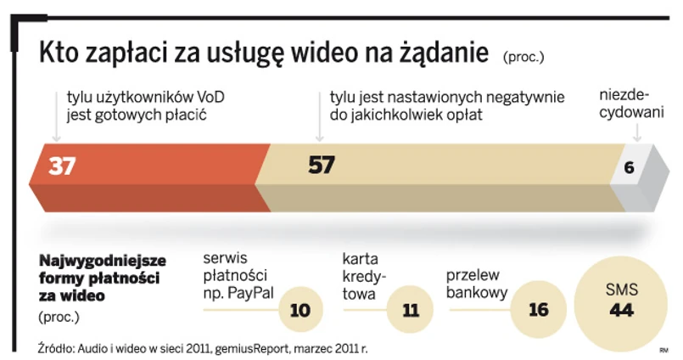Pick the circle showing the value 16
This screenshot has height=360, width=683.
coord(538,311)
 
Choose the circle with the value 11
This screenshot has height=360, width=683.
coord(411,311)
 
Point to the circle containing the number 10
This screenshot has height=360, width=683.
coord(300,311)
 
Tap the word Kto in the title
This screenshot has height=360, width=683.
coord(59,53)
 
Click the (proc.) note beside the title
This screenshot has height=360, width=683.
coord(523,58)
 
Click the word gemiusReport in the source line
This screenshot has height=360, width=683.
coord(255,347)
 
